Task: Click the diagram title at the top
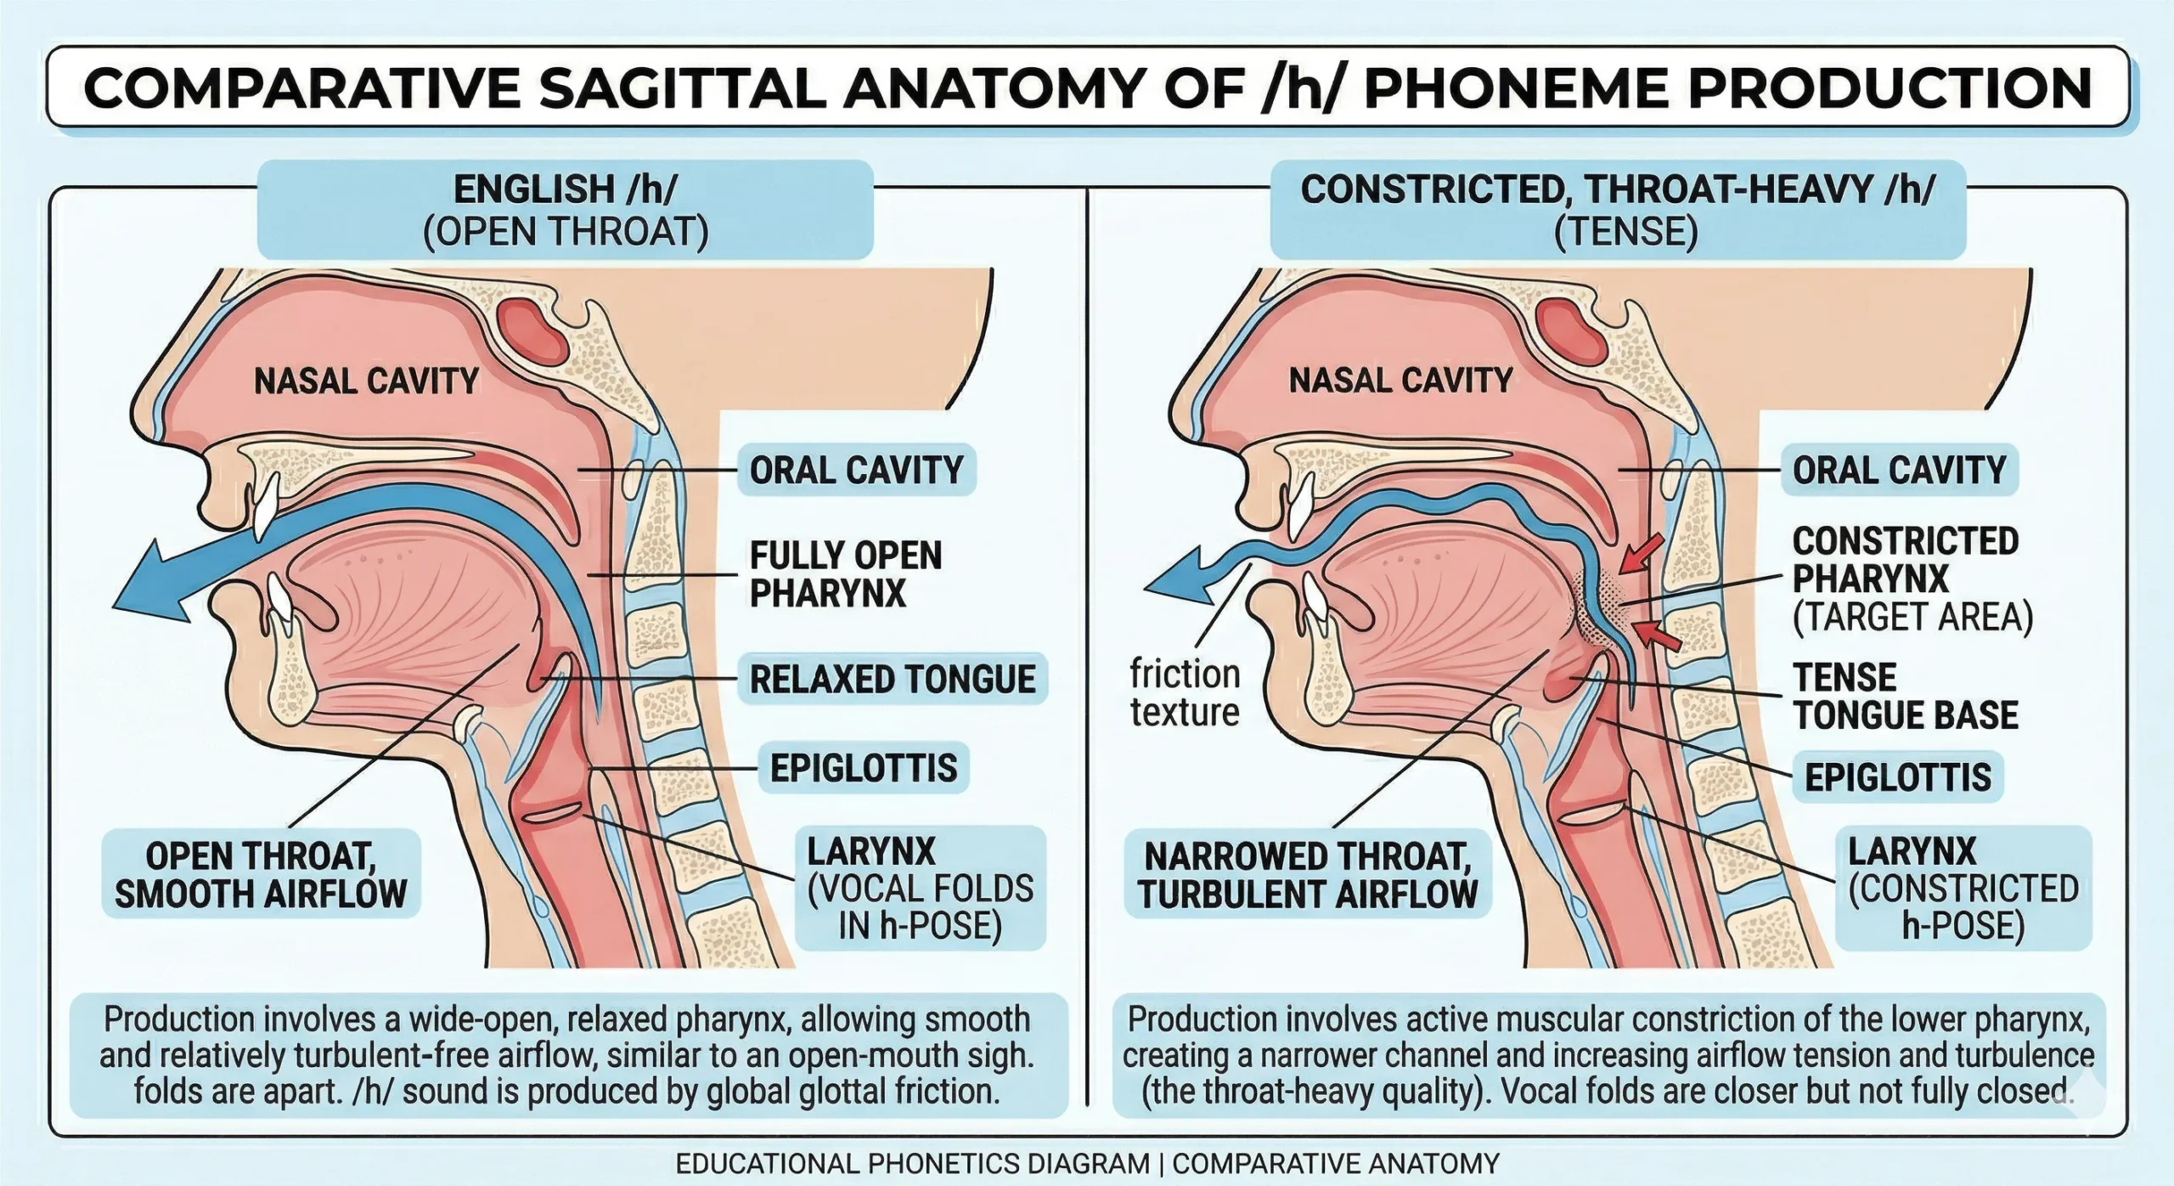[1087, 88]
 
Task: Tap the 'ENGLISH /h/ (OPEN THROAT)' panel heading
[566, 210]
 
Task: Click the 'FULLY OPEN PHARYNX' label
[845, 574]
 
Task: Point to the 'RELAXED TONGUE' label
[892, 679]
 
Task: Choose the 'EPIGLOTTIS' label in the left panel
[863, 768]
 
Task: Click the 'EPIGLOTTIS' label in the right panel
[1897, 777]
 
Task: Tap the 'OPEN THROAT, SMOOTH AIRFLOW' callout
[261, 874]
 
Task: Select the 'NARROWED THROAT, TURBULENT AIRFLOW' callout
[1308, 875]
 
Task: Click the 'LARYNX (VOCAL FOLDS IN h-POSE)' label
[921, 888]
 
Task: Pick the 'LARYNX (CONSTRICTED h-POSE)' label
[1963, 888]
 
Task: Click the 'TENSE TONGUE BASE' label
[1905, 697]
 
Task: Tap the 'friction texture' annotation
[1185, 693]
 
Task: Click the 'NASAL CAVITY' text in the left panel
[367, 381]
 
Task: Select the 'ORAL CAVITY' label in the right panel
[1899, 470]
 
